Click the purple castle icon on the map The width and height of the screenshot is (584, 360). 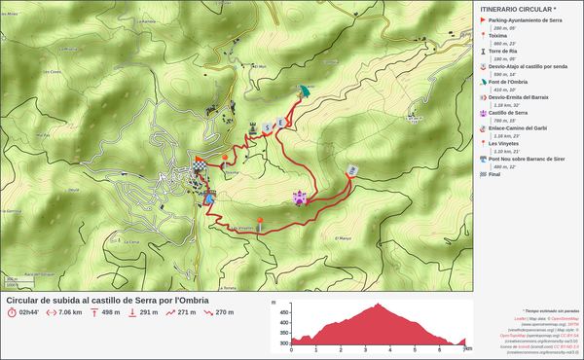point(301,198)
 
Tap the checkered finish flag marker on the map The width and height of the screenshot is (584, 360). point(200,166)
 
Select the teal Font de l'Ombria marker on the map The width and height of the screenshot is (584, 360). point(305,90)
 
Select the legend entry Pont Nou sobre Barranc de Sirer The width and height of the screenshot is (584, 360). point(527,159)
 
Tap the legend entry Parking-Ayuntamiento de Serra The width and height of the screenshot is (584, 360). point(526,20)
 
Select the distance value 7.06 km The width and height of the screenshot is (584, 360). point(69,312)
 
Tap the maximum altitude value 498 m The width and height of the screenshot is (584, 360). point(111,312)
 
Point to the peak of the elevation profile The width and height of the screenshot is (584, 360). point(377,305)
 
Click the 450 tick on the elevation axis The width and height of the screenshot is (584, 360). point(283,313)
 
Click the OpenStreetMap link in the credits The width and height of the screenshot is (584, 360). point(563,318)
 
